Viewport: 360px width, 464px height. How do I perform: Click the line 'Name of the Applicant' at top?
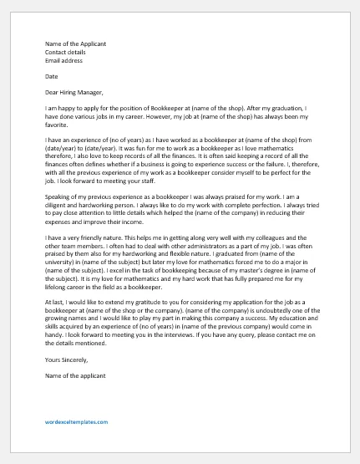[75, 43]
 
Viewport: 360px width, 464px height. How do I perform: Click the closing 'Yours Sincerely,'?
[72, 361]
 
